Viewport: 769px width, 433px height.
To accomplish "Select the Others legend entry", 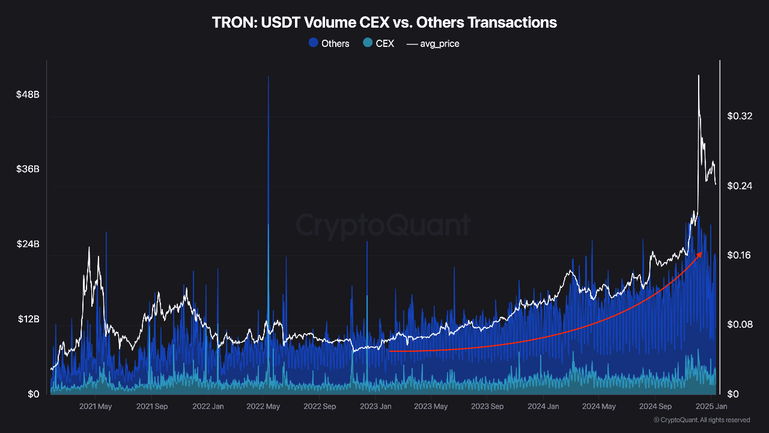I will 329,43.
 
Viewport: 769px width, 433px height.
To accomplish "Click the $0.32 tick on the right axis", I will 740,116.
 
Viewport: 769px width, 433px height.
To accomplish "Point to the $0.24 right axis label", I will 740,186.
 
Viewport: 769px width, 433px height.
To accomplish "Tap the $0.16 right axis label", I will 740,255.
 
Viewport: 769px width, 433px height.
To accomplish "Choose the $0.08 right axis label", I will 740,325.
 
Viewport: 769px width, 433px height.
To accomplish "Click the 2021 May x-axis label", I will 96,407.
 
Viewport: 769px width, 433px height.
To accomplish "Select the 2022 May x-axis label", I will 264,407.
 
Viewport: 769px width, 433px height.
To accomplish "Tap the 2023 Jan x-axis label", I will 375,407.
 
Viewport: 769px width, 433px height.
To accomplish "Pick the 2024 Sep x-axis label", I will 655,407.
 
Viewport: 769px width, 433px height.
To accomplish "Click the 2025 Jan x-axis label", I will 711,407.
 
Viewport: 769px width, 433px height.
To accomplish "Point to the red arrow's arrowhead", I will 700,254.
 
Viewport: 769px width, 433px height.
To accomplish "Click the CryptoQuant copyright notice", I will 701,420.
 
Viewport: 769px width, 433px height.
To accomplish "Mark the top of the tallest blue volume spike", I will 268,77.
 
